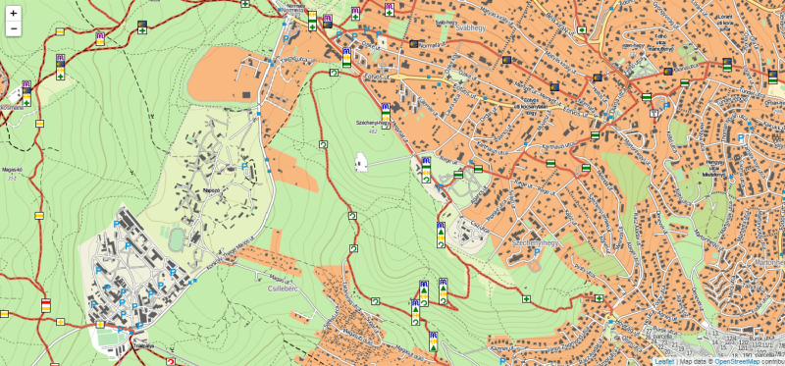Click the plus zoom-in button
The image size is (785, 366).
pos(14,14)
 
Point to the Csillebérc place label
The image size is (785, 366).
pos(283,289)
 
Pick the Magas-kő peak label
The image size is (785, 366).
pos(14,169)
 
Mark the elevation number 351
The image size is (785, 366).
pos(14,178)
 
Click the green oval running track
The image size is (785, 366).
pos(176,238)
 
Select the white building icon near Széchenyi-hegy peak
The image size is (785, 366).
pos(360,162)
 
